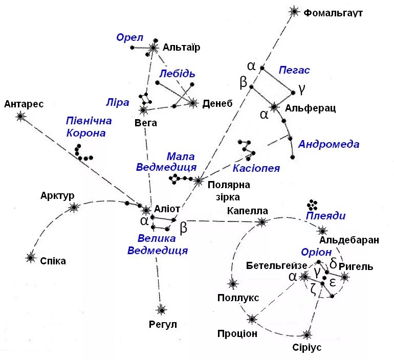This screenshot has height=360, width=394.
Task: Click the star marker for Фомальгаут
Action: point(294,11)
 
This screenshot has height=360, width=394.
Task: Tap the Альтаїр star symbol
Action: point(153,48)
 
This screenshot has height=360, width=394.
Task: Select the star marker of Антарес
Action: point(20,117)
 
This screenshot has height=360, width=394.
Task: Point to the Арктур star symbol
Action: point(75,207)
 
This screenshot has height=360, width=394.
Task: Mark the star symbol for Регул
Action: point(161,309)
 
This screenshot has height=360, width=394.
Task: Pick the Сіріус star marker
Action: point(307,335)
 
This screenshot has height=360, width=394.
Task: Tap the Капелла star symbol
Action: point(262,221)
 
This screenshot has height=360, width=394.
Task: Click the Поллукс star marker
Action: point(233,283)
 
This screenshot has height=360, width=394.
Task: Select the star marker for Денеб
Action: point(193,103)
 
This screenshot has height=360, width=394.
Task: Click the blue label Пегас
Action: point(294,70)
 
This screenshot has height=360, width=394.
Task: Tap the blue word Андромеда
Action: point(329,144)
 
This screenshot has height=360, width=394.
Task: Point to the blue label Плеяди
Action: point(325,216)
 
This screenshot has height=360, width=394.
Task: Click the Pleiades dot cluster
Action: point(313,204)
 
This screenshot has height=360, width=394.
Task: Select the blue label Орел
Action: point(129,38)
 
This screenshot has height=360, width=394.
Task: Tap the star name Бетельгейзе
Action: point(276,265)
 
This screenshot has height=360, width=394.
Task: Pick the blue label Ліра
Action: point(118,102)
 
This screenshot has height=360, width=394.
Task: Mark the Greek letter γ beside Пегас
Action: point(302,89)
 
